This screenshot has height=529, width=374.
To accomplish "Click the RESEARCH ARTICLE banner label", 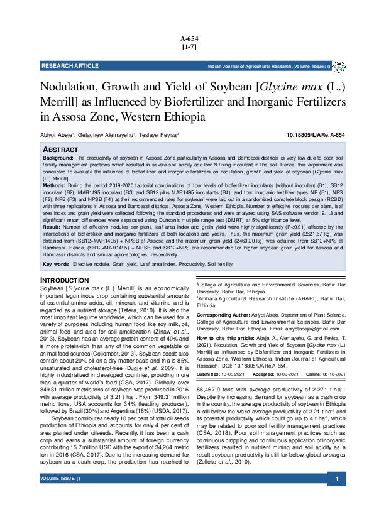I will pyautogui.click(x=70, y=65).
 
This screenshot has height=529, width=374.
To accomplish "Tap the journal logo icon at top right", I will pyautogui.click(x=337, y=65).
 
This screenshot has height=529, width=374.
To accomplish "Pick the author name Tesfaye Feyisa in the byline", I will pyautogui.click(x=158, y=136).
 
